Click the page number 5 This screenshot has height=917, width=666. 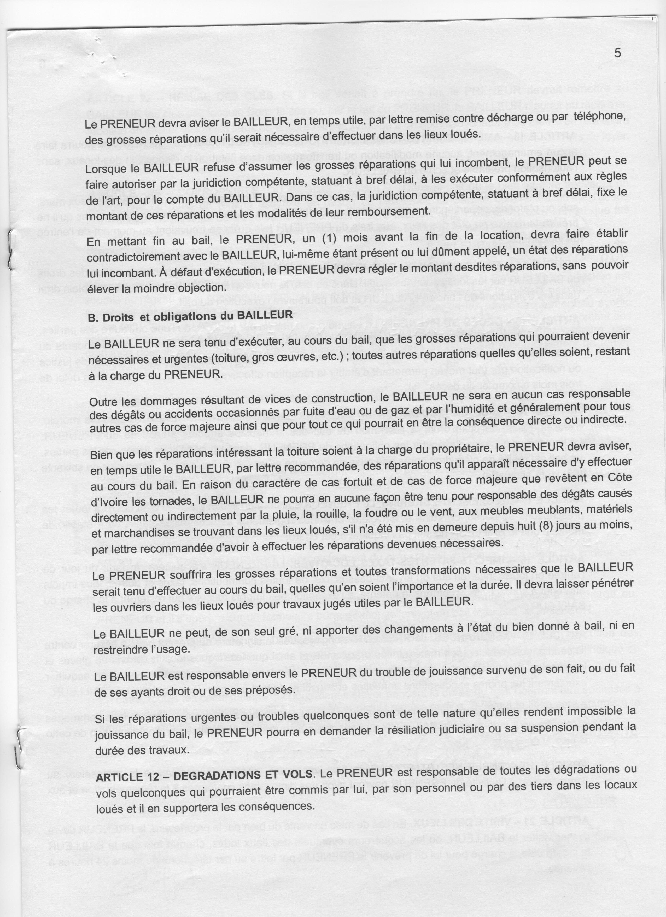tap(617, 53)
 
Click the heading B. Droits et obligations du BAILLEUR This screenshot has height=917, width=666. tap(190, 316)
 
